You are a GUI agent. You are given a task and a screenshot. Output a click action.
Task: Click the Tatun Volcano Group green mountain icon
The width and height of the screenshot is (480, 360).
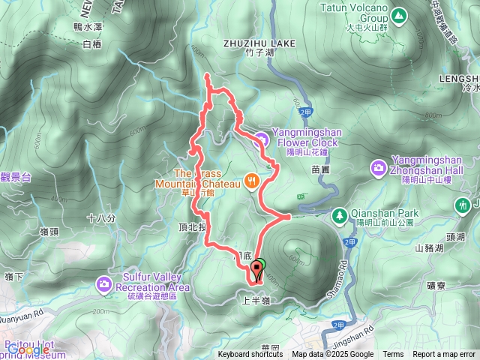(398, 14)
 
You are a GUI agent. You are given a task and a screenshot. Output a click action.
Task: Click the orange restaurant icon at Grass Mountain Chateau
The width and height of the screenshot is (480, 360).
(252, 180)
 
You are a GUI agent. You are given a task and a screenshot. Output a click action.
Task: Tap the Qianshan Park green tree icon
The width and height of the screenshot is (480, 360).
(340, 214)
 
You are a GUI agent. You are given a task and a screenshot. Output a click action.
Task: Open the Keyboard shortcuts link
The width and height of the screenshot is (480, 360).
(250, 355)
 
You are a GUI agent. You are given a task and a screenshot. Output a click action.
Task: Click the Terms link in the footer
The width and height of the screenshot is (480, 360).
(392, 355)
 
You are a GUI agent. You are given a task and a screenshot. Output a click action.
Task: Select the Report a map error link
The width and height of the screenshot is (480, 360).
(443, 355)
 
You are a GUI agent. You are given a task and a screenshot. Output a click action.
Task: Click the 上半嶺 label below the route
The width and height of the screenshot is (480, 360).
(255, 300)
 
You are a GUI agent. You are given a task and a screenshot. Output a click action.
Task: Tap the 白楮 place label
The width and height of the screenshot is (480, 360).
(91, 44)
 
